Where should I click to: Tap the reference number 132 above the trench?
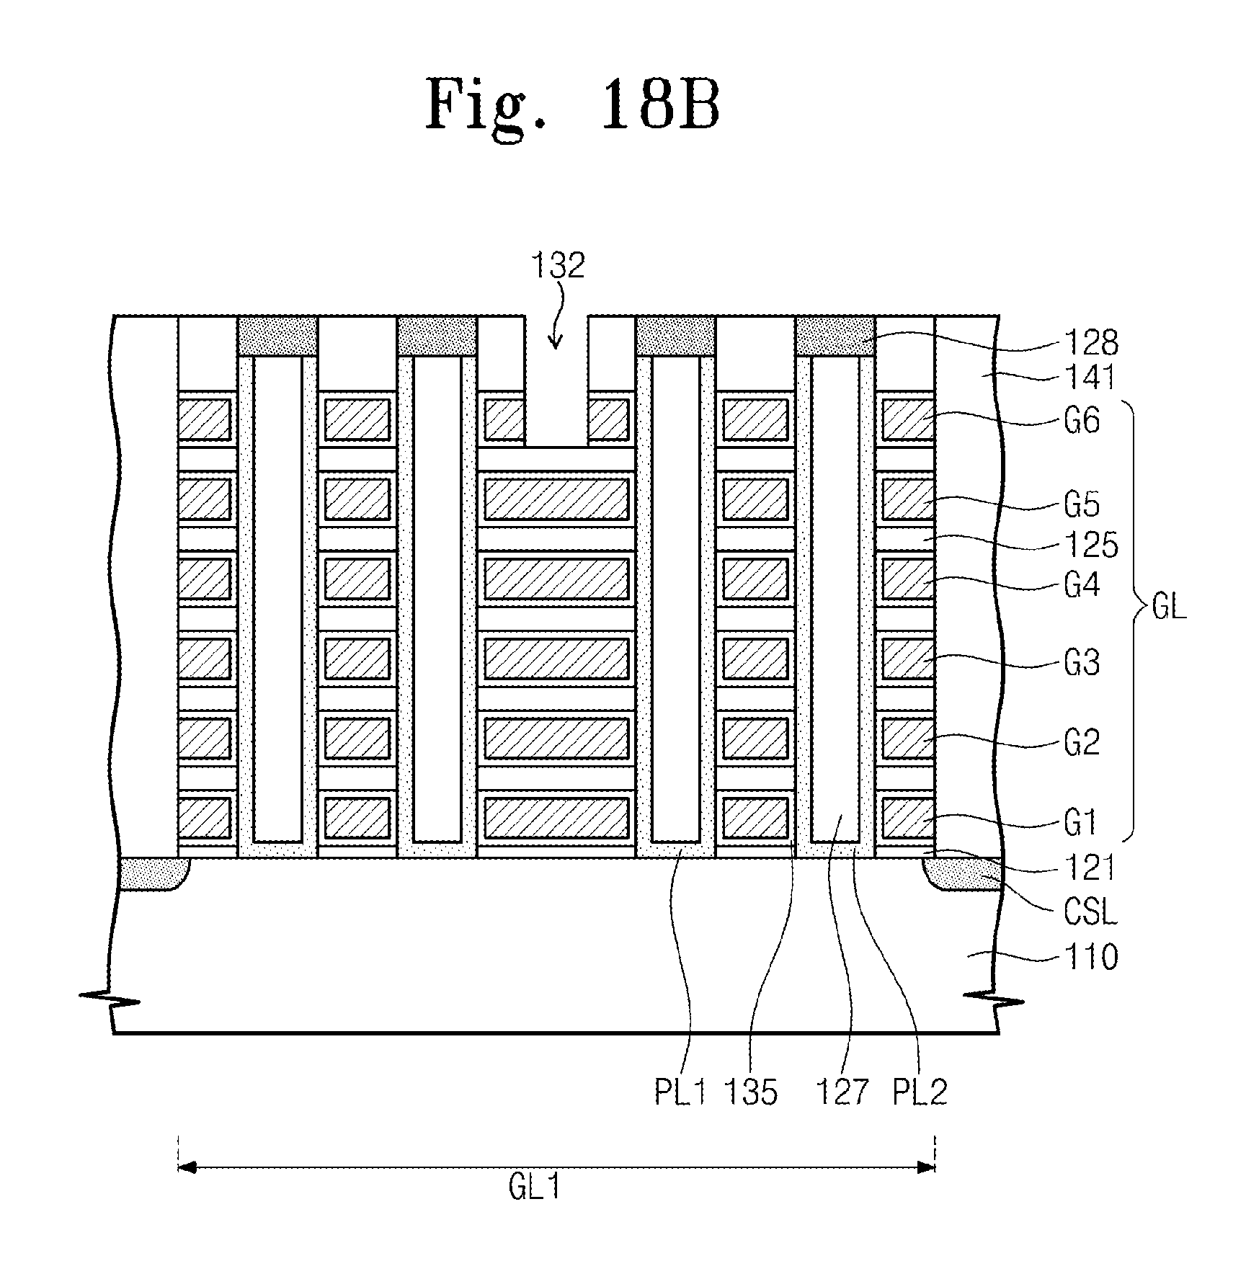pyautogui.click(x=557, y=266)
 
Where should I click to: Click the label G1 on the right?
pyautogui.click(x=1080, y=823)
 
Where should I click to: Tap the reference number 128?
pyautogui.click(x=1091, y=344)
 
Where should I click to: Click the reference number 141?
pyautogui.click(x=1091, y=378)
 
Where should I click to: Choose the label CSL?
pyautogui.click(x=1090, y=913)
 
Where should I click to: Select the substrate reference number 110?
pyautogui.click(x=1091, y=958)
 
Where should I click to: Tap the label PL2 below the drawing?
pyautogui.click(x=920, y=1092)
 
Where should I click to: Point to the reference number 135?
pyautogui.click(x=751, y=1092)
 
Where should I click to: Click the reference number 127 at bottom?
pyautogui.click(x=842, y=1092)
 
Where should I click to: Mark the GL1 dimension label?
pyautogui.click(x=534, y=1187)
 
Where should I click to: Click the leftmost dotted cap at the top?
pyautogui.click(x=277, y=336)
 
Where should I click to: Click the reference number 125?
pyautogui.click(x=1091, y=545)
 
